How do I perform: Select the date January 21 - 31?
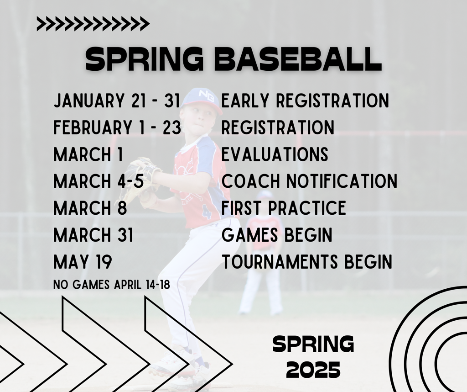(x=117, y=101)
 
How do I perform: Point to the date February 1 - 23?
(x=117, y=127)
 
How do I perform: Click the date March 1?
(x=88, y=154)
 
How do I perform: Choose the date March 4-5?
(x=99, y=181)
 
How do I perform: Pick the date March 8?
(x=90, y=208)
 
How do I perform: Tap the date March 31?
(x=93, y=235)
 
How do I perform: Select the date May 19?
(x=83, y=262)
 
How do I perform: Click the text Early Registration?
(x=305, y=101)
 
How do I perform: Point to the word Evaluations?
(x=275, y=154)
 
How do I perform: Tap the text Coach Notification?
(x=309, y=181)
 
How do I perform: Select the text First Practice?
(x=284, y=208)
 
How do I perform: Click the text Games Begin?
(x=277, y=235)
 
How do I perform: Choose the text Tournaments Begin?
(x=307, y=262)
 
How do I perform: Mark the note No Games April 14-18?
(x=112, y=285)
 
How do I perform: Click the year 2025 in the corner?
(x=313, y=370)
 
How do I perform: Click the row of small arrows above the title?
(x=93, y=24)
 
